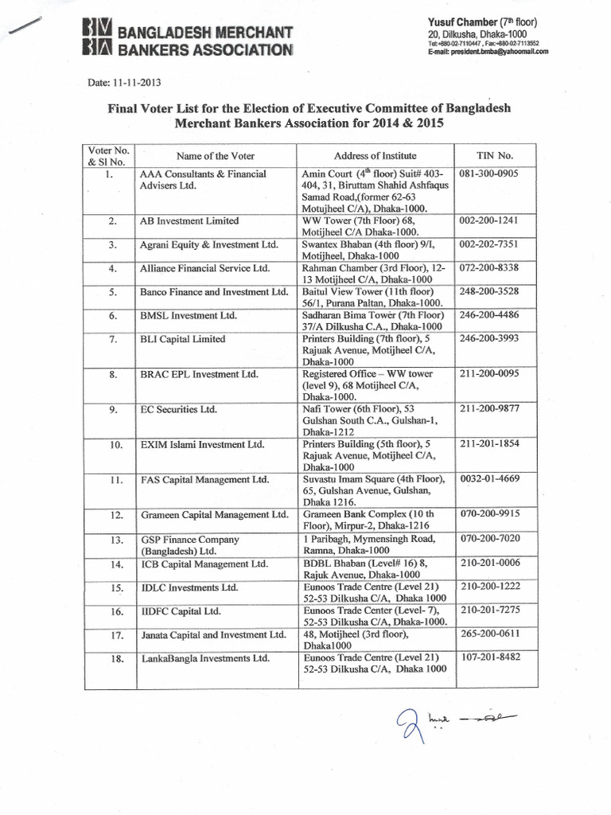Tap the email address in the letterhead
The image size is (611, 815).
click(488, 51)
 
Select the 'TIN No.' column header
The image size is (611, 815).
click(494, 155)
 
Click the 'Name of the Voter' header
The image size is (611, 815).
click(216, 155)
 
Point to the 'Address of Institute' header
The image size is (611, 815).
click(375, 155)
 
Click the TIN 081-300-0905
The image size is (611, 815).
click(494, 174)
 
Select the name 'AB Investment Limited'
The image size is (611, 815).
click(189, 220)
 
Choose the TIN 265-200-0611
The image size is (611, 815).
click(494, 634)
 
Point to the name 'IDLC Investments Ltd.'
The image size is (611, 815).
click(189, 588)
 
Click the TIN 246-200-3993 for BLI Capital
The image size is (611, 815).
click(494, 338)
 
